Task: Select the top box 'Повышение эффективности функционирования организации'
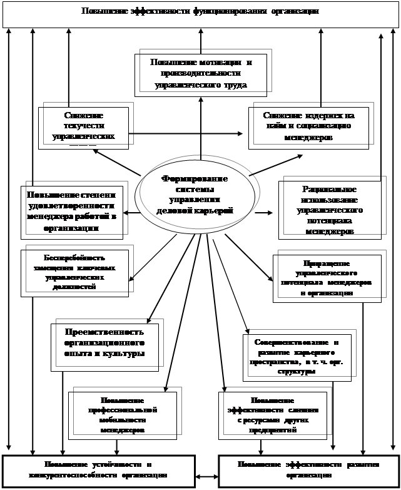click(x=200, y=13)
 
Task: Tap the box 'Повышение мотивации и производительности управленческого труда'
click(x=201, y=74)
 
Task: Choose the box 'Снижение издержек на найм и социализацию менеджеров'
click(x=308, y=128)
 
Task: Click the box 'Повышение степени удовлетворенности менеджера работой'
click(x=71, y=211)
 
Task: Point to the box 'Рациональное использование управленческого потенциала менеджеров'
click(x=330, y=210)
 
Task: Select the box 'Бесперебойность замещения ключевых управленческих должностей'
click(x=74, y=273)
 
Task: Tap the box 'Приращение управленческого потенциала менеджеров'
click(x=327, y=278)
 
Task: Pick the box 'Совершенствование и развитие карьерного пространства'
click(x=297, y=357)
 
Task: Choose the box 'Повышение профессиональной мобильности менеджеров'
click(x=122, y=415)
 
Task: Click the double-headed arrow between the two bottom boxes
click(x=206, y=477)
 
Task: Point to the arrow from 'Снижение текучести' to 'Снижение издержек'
click(x=188, y=133)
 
